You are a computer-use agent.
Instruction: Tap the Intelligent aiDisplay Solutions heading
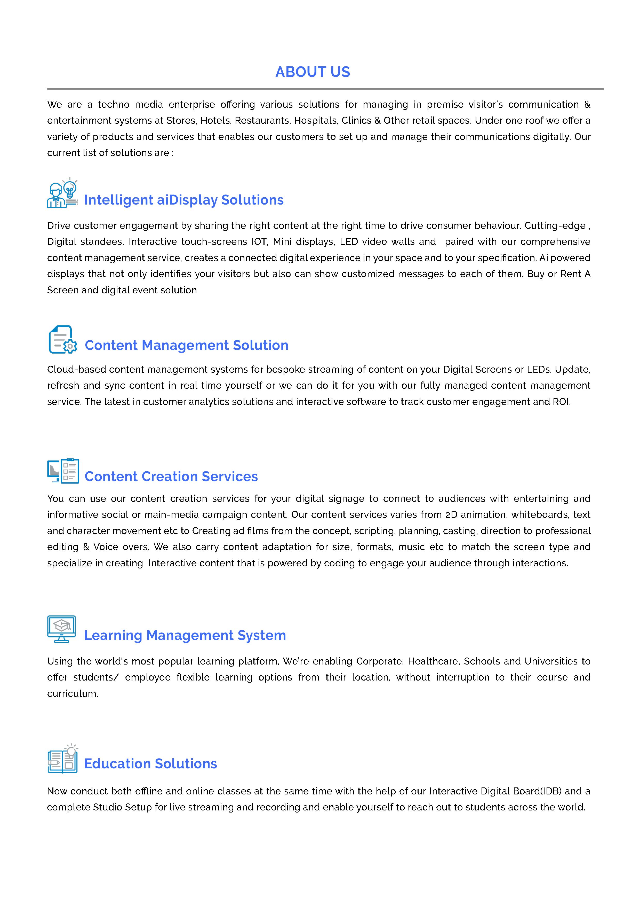184,200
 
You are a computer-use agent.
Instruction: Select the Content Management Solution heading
187,345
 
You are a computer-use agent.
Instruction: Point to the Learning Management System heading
185,635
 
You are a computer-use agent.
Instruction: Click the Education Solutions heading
151,763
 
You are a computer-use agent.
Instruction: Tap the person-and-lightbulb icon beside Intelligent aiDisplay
62,193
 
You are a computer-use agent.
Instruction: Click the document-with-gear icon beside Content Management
62,339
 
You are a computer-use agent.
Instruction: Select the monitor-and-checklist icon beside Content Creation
63,471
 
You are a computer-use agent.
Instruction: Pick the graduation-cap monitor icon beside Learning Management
61,629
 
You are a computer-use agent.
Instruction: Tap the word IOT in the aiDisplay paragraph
259,241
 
